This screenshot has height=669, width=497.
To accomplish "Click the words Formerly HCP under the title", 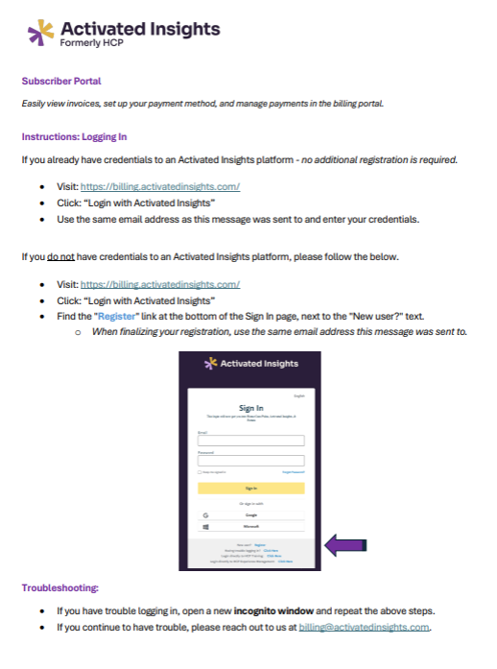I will click(x=91, y=44).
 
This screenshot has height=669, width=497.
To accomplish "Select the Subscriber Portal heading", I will click(x=61, y=82).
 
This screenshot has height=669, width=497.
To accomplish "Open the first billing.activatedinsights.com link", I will click(x=160, y=186).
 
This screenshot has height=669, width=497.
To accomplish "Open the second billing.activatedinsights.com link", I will click(x=160, y=285).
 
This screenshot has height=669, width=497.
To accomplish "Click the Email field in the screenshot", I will click(x=250, y=441).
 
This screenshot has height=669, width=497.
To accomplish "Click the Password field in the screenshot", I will click(x=250, y=461).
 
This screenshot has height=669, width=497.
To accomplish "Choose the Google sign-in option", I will click(x=250, y=515).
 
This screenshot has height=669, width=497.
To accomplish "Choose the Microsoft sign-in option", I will click(x=250, y=527).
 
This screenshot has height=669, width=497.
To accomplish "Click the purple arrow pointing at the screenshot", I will click(x=347, y=545).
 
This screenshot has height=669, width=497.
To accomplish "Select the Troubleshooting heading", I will click(x=60, y=586).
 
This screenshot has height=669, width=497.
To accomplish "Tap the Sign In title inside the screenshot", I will click(x=250, y=407).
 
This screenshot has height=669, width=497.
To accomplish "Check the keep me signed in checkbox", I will click(x=200, y=472).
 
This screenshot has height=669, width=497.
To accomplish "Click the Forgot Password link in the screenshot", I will click(x=293, y=472).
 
